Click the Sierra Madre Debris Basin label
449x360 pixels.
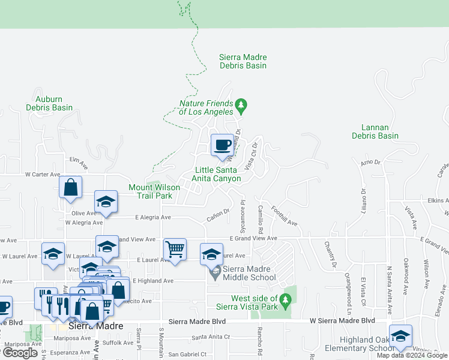(243, 61)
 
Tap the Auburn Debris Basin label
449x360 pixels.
(49, 103)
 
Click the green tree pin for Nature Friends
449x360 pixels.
(241, 106)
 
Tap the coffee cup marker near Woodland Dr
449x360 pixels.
(223, 145)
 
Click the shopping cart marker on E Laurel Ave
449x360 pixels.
(175, 249)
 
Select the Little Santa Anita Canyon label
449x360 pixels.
(217, 174)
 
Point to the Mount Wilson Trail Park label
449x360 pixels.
(154, 191)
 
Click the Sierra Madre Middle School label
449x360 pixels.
(247, 273)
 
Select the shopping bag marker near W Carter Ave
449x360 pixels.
(71, 187)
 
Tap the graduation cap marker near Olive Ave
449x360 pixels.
(106, 202)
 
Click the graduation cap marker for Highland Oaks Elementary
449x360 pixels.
(400, 335)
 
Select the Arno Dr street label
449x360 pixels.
(370, 163)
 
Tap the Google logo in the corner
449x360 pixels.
(20, 353)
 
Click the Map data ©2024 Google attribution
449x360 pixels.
(412, 355)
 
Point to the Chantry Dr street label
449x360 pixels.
(328, 251)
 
